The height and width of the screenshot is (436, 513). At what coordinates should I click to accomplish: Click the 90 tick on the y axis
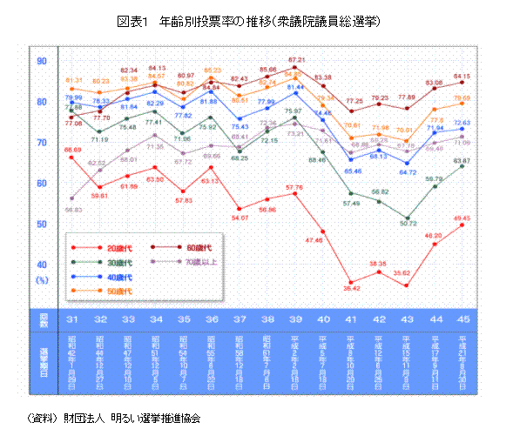tap(41, 60)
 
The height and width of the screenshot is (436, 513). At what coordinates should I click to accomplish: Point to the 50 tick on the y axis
tap(41, 223)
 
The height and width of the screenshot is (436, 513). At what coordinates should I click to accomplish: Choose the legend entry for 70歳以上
tap(191, 260)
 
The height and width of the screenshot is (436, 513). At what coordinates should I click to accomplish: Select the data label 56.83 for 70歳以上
tap(74, 209)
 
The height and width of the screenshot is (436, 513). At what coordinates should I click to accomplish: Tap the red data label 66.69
tap(74, 150)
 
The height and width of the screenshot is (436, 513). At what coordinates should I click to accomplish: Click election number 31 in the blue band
tap(74, 319)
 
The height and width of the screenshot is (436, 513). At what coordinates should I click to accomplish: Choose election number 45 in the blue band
tap(462, 319)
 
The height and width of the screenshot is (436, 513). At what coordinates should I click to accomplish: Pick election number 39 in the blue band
tap(295, 319)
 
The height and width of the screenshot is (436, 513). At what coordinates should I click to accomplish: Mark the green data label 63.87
tap(462, 161)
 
